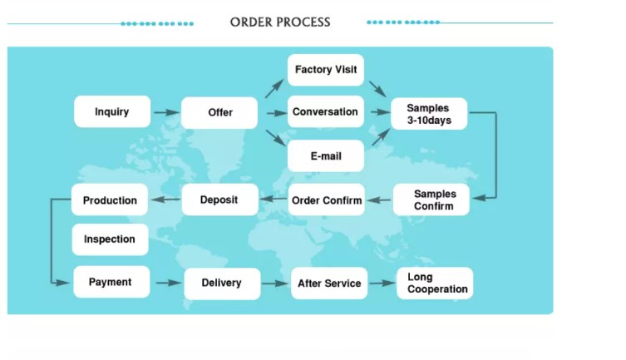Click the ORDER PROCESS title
(x=280, y=22)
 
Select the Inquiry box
(x=112, y=111)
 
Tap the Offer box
(x=220, y=112)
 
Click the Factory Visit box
(x=326, y=70)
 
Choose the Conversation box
(x=326, y=111)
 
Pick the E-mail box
(x=326, y=155)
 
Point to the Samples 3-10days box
(x=428, y=114)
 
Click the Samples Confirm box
(x=431, y=199)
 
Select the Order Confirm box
(x=327, y=200)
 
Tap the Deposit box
(x=219, y=200)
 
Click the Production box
(x=111, y=200)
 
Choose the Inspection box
(x=110, y=239)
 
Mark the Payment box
(x=111, y=282)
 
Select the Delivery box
(x=221, y=283)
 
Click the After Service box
(x=329, y=284)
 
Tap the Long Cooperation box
(x=435, y=284)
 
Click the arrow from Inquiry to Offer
(x=166, y=112)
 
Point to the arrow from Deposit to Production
(x=165, y=200)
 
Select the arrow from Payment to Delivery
(x=168, y=283)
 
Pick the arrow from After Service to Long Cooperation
(x=382, y=284)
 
